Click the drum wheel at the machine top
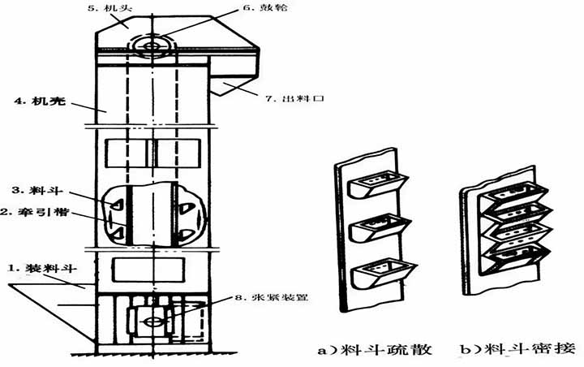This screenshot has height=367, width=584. (x=150, y=44)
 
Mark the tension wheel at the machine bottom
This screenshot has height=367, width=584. (x=150, y=322)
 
